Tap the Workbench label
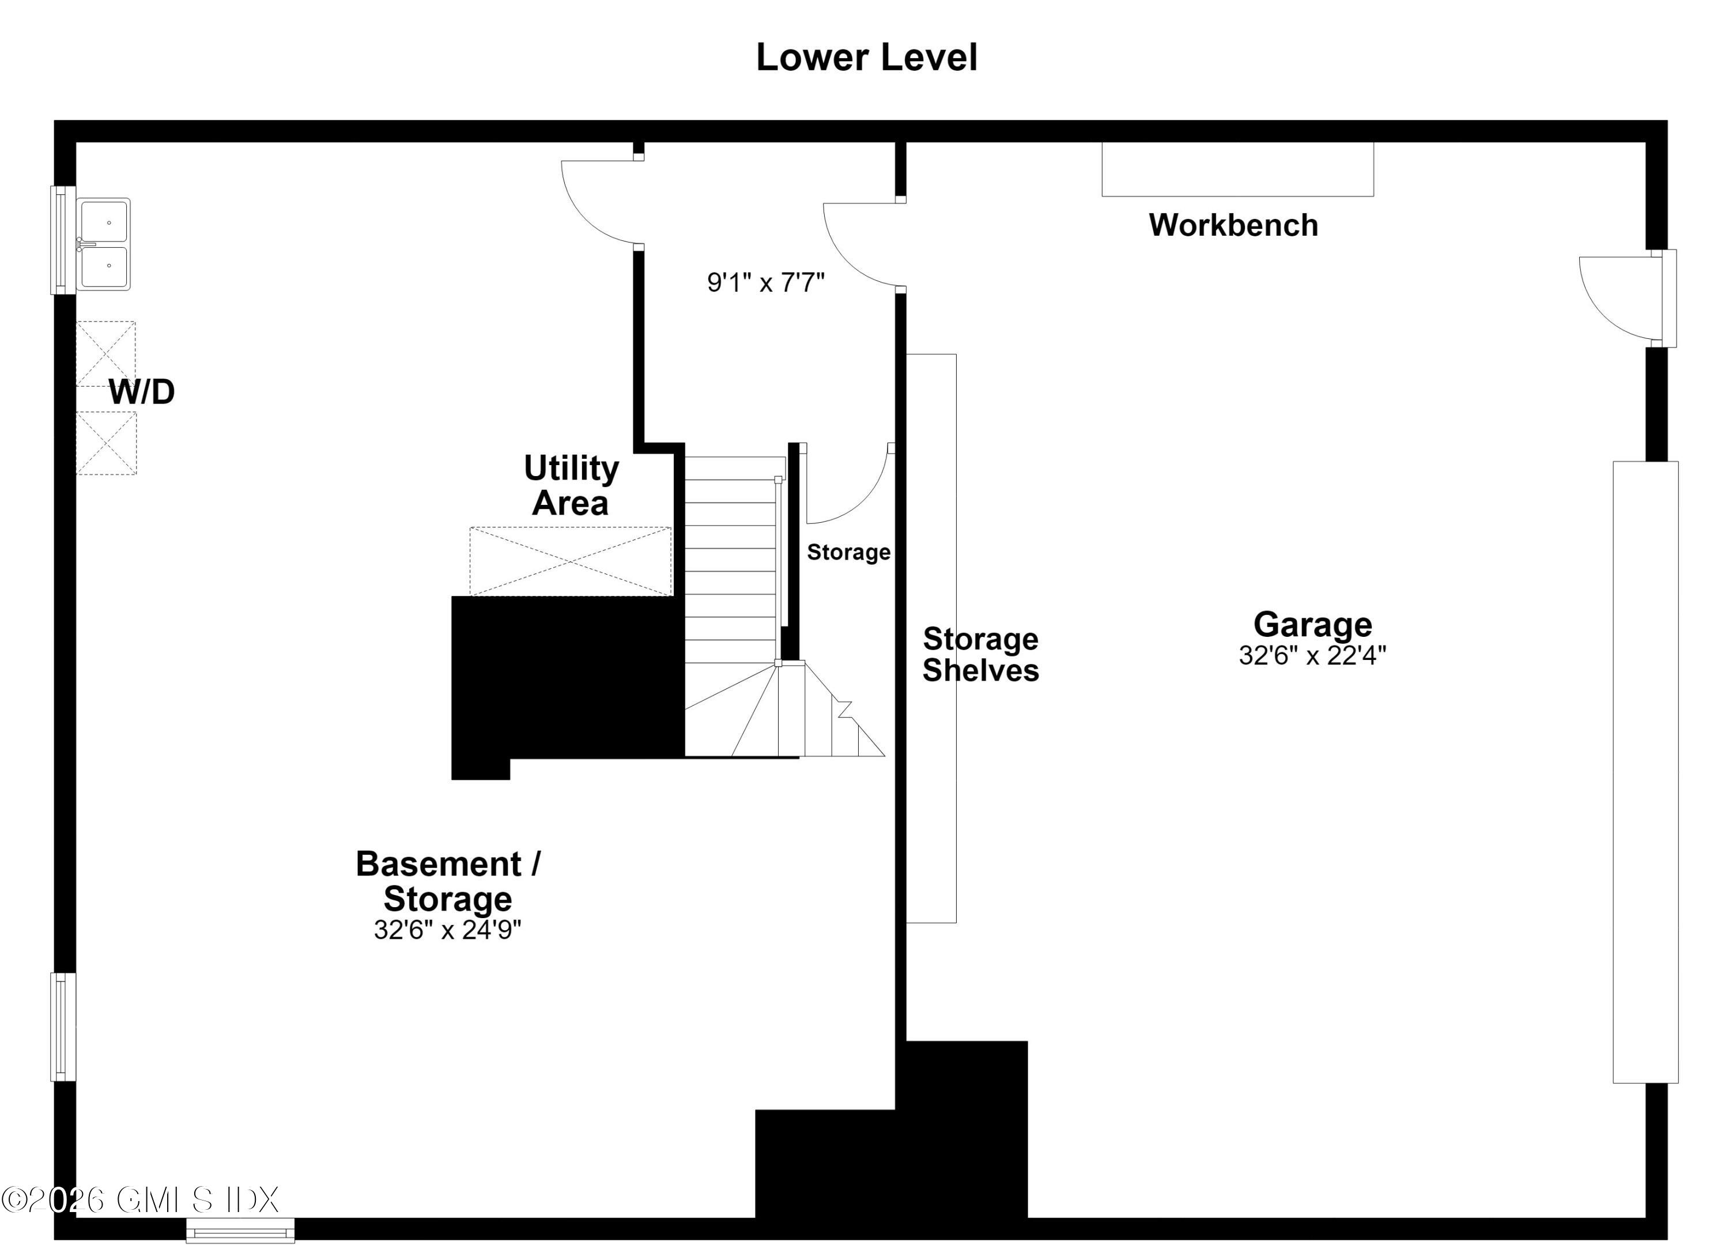1233,225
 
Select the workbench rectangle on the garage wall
1237,169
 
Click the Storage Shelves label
980,654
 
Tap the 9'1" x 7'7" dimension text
765,283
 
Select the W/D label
142,392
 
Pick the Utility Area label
571,486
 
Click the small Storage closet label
848,552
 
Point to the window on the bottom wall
240,1230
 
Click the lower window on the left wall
63,1026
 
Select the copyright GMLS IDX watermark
140,1201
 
